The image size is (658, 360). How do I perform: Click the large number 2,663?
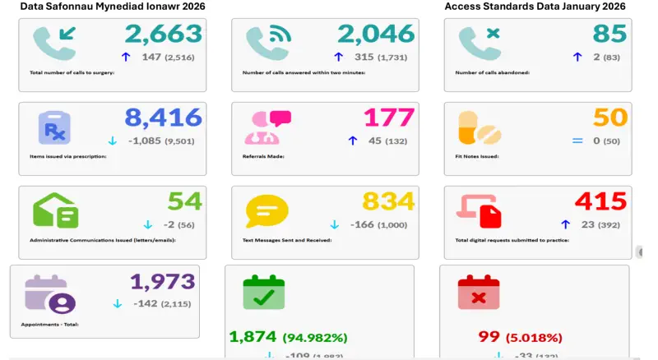[163, 34]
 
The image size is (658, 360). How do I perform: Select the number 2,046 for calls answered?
[376, 34]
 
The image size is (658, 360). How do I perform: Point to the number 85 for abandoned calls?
[609, 34]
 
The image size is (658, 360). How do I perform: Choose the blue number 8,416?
[163, 118]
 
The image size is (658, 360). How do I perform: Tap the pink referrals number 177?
[389, 118]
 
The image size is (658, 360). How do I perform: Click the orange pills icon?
[480, 127]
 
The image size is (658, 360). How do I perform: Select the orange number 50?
[610, 118]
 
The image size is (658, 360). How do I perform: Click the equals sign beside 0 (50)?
[577, 141]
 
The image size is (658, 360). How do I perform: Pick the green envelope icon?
[56, 210]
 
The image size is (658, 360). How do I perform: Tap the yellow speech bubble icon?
[267, 210]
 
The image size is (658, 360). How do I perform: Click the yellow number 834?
[388, 201]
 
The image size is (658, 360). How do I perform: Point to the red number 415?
[600, 201]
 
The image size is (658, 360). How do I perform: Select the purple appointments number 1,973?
[162, 281]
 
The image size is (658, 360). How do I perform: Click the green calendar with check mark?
[264, 293]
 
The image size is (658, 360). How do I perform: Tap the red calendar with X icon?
[478, 293]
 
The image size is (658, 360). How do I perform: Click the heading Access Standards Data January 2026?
[535, 7]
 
